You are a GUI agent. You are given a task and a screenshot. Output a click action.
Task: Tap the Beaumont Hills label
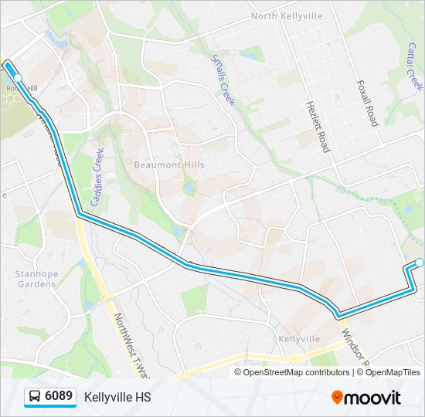(168, 165)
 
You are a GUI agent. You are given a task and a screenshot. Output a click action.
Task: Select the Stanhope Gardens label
(36, 279)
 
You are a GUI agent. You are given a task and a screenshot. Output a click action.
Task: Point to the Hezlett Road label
(317, 126)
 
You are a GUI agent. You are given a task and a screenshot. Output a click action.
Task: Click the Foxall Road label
(367, 103)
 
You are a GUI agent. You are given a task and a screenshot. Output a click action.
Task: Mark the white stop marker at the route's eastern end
(420, 263)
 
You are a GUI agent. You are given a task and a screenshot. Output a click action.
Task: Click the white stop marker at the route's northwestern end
(18, 78)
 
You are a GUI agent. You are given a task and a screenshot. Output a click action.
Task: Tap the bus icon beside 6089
(35, 397)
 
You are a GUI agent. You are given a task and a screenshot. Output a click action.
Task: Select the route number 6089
(59, 397)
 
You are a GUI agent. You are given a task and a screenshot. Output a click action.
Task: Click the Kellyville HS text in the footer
(117, 397)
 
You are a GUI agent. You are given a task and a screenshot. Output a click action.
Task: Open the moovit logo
(366, 397)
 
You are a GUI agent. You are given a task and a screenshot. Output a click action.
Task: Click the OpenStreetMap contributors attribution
(297, 372)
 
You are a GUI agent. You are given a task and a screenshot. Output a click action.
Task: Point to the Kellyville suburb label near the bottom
(297, 339)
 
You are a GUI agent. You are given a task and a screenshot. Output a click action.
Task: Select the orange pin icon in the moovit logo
(337, 397)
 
